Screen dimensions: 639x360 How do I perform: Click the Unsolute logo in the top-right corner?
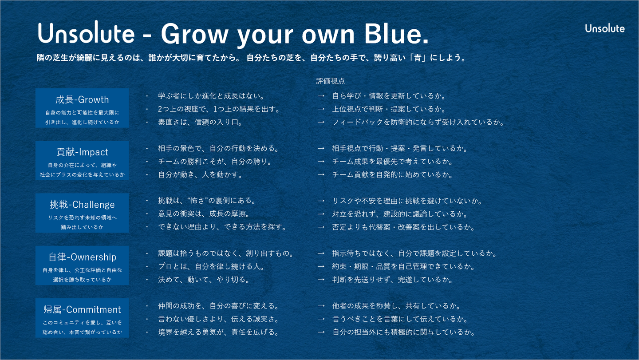(605, 28)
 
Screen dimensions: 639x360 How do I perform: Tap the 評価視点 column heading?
(330, 81)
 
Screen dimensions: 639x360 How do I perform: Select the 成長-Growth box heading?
(82, 99)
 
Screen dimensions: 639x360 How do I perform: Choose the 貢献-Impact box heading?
(82, 152)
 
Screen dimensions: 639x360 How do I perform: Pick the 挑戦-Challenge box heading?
(82, 205)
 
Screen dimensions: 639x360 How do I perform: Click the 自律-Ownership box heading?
(82, 257)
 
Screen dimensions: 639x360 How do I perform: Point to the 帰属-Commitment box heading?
(82, 309)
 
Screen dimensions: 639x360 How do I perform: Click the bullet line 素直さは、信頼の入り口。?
(200, 122)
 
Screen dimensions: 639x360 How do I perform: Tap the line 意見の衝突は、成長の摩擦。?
(204, 214)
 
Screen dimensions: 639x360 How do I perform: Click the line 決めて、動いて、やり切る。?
(204, 280)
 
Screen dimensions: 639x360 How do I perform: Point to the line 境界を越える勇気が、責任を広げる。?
(218, 332)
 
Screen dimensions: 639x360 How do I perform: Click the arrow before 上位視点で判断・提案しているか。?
(321, 109)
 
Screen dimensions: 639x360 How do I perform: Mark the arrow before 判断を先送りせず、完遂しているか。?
(321, 280)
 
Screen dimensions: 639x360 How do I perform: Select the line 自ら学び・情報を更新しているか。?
(389, 96)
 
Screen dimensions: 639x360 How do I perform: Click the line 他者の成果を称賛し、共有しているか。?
(397, 306)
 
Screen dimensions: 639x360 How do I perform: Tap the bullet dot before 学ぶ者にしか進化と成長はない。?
(147, 96)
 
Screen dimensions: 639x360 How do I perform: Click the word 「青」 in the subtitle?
(418, 58)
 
